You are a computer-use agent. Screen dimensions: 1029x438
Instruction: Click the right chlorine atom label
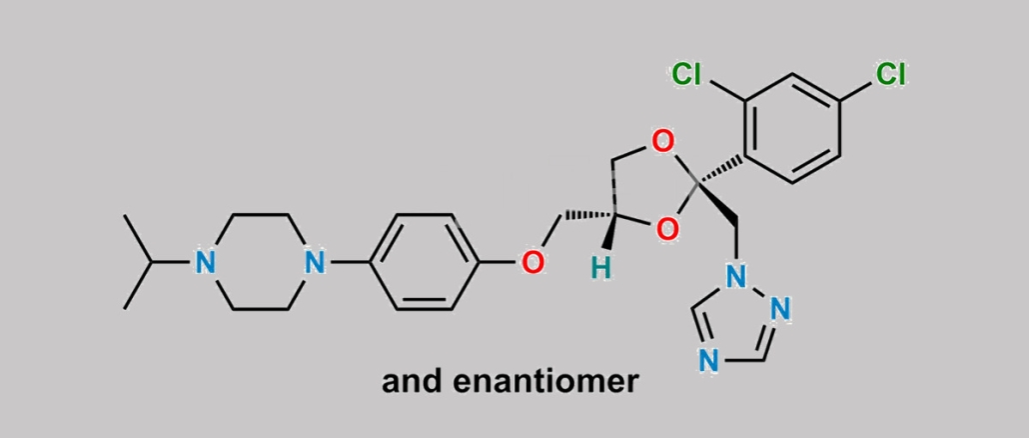pyautogui.click(x=890, y=74)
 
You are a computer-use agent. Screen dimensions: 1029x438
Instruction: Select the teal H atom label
pyautogui.click(x=598, y=269)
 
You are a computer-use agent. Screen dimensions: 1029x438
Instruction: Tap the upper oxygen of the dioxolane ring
pyautogui.click(x=663, y=141)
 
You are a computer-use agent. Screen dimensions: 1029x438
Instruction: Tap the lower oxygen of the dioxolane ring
pyautogui.click(x=666, y=229)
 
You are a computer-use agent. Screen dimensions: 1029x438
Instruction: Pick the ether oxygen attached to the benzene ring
pyautogui.click(x=532, y=262)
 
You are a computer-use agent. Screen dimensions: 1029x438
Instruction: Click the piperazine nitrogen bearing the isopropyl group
pyautogui.click(x=205, y=262)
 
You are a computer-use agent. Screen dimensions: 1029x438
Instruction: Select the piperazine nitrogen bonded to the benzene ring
pyautogui.click(x=316, y=262)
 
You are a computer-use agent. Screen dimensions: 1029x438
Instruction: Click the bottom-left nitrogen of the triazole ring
pyautogui.click(x=707, y=361)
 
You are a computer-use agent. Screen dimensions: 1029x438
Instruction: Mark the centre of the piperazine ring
pyautogui.click(x=261, y=262)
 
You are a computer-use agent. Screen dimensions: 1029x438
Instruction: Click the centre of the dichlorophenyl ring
pyautogui.click(x=792, y=128)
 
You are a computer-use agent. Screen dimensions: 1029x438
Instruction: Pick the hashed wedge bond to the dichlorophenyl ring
pyautogui.click(x=720, y=171)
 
